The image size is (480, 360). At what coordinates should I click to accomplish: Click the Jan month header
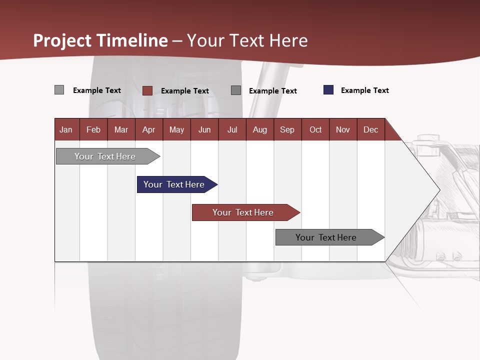point(66,129)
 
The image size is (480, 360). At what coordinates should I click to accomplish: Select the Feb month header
point(93,129)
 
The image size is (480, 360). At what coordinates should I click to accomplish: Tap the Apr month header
point(148,129)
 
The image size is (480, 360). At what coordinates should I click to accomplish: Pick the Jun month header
point(204,129)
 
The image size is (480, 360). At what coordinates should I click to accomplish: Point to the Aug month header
point(259,129)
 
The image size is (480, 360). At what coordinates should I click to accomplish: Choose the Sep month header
point(287,129)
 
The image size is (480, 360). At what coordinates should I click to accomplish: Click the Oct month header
point(315,129)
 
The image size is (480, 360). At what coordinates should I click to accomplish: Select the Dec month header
point(370,129)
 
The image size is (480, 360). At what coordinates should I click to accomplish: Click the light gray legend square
point(59,90)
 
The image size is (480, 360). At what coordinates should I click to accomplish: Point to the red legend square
point(147,90)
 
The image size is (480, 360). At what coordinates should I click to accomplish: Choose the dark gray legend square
point(236,90)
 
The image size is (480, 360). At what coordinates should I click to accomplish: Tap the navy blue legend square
point(328,90)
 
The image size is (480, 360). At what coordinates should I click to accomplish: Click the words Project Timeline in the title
point(100,40)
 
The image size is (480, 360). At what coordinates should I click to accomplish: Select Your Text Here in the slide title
point(247,40)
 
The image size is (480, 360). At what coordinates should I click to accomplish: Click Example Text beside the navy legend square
point(364,90)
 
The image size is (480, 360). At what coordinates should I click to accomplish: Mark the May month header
point(176,129)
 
